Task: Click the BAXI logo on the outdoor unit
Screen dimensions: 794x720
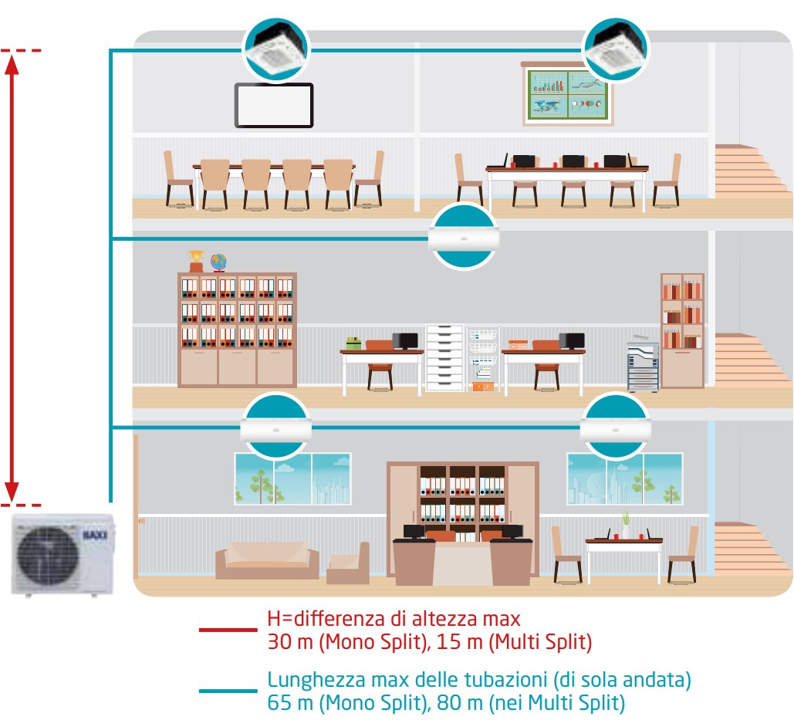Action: coord(95,535)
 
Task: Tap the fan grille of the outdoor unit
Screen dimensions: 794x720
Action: coord(47,556)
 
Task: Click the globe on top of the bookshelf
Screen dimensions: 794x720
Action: coord(218,262)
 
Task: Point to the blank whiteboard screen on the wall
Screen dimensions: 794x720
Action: coord(274,105)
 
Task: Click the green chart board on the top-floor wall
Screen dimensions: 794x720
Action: coord(567,95)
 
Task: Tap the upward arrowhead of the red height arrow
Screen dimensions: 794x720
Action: coord(12,64)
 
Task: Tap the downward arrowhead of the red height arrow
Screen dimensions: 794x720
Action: coord(12,492)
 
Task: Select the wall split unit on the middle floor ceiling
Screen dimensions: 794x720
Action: coord(463,238)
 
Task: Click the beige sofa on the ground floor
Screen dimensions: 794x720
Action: coord(267,560)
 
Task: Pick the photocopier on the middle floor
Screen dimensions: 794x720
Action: coord(643,364)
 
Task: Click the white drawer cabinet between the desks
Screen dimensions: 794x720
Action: coord(445,357)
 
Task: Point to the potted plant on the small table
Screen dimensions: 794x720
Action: coord(626,525)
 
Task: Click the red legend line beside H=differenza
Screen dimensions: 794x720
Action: coord(228,630)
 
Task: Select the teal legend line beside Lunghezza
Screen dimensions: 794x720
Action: coord(228,691)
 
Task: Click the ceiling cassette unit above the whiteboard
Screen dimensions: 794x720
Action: coord(276,49)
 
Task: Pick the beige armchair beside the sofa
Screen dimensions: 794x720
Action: coord(348,563)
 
